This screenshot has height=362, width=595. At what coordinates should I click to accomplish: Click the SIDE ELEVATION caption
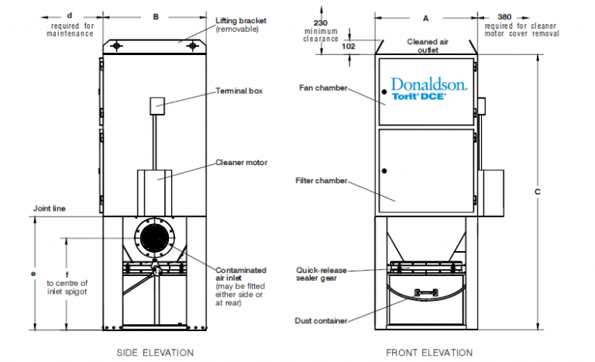tap(155, 353)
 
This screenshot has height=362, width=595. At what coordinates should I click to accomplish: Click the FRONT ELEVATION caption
tap(428, 353)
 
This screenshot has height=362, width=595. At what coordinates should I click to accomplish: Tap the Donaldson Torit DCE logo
tap(428, 90)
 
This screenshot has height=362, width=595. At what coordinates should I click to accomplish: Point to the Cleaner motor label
tap(241, 164)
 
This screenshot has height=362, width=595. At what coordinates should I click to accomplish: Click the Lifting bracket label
tap(242, 24)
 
